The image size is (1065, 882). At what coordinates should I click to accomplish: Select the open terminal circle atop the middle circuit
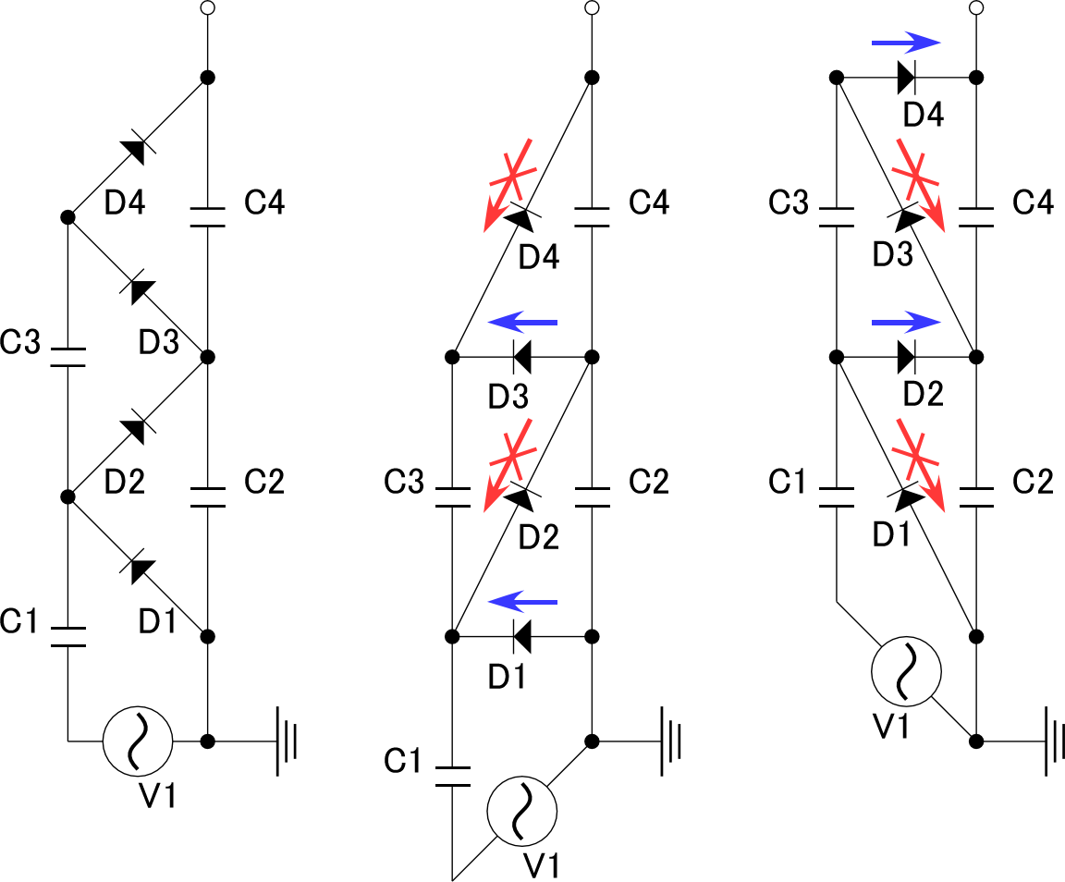[x=593, y=8]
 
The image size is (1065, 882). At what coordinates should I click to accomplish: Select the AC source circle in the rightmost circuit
[x=906, y=671]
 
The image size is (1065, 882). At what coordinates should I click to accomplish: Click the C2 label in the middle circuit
[x=649, y=482]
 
